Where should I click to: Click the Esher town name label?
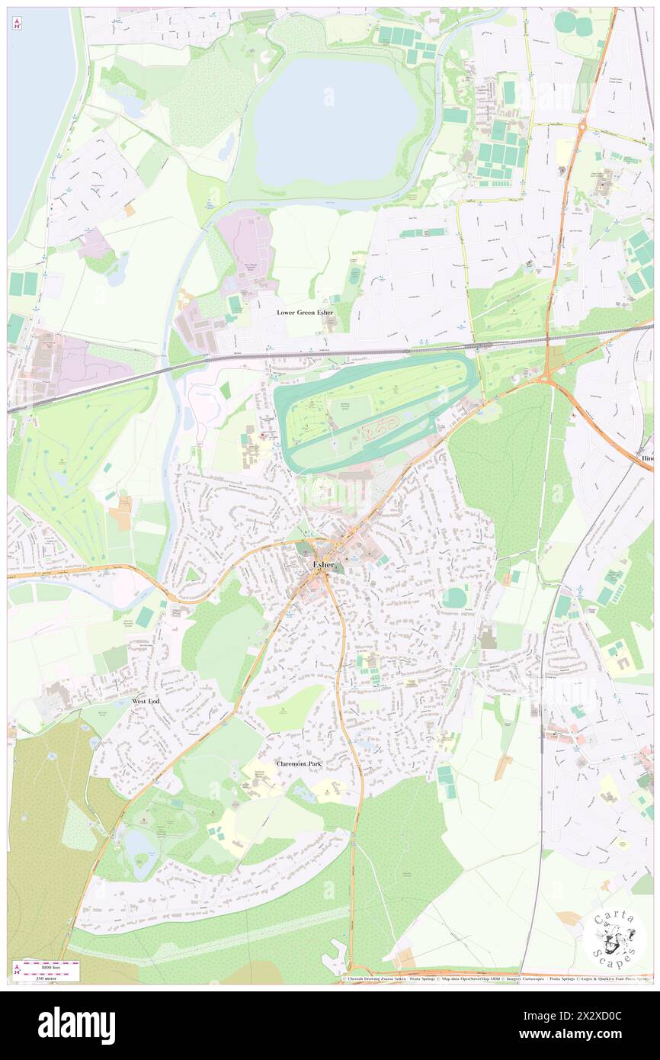point(322,564)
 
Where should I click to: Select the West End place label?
point(144,700)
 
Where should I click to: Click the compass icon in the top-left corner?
point(17,24)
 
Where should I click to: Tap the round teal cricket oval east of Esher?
point(456,597)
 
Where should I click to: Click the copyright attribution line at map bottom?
point(495,979)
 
